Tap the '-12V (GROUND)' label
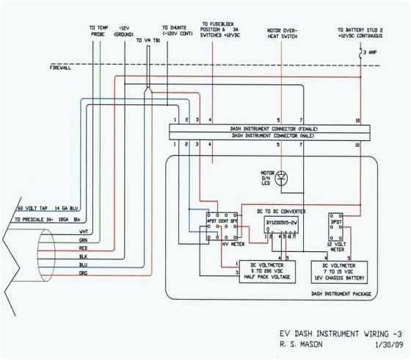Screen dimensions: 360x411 [122, 31]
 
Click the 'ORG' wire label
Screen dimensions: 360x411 [84, 273]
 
